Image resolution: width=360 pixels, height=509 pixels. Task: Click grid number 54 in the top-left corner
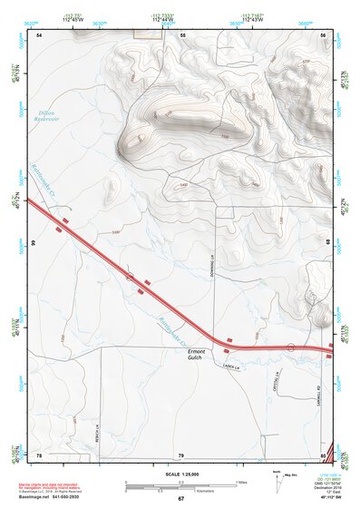40,34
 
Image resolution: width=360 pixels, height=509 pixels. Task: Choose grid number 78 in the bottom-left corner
39,455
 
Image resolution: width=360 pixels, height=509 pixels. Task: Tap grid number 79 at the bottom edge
181,455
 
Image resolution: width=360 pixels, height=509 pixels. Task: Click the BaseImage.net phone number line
52,497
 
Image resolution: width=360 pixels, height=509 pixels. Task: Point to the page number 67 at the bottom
180,499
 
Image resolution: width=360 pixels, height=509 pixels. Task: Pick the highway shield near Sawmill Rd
290,347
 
